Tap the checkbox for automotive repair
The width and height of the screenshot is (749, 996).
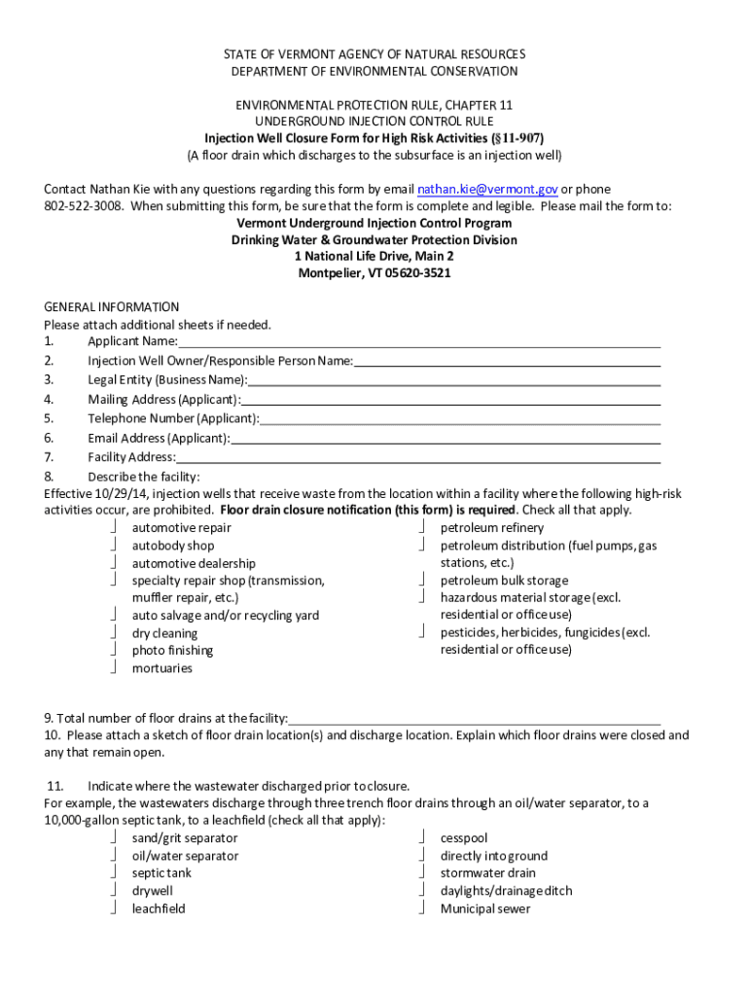[114, 527]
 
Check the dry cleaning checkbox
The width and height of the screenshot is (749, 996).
[114, 632]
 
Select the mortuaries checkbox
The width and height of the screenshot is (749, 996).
[114, 667]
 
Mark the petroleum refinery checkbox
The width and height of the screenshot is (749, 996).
[422, 527]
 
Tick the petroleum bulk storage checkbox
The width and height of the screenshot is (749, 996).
[422, 580]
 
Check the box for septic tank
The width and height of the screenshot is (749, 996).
[114, 872]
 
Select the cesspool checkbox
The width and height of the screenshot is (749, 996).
[422, 837]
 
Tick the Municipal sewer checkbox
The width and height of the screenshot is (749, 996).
[422, 907]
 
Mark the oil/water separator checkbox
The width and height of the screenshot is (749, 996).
[114, 855]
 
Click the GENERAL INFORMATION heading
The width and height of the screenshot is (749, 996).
[112, 306]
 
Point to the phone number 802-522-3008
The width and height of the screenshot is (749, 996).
[84, 206]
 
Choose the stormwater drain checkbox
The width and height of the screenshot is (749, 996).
[422, 872]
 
